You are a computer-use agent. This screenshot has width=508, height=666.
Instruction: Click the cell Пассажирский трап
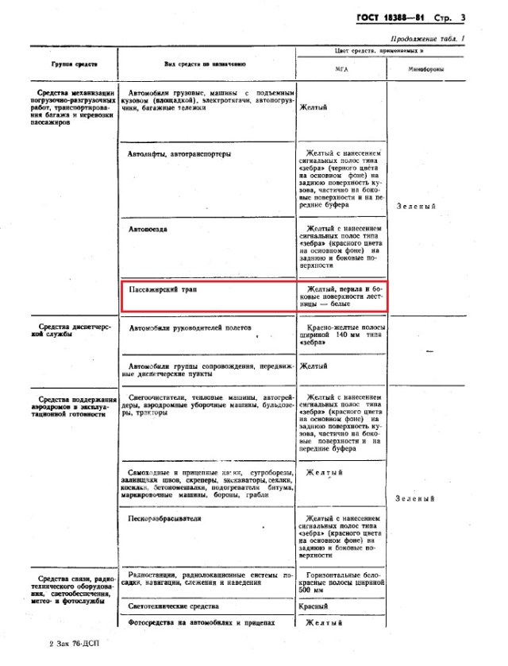[x=162, y=289]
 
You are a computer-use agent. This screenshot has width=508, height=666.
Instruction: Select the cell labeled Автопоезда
[x=149, y=228]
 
